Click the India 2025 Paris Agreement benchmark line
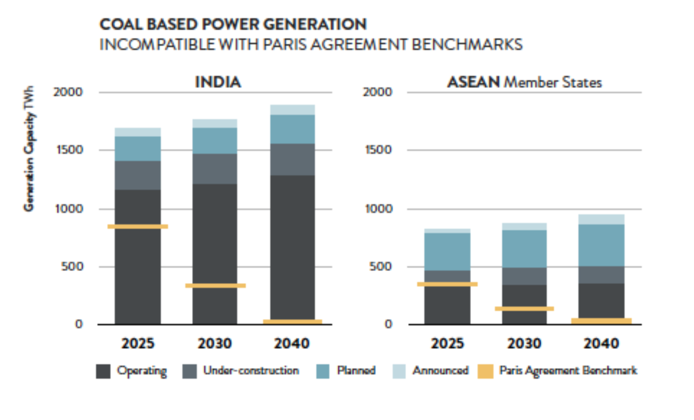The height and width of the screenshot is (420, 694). (138, 226)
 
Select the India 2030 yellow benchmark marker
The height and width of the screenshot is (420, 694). (215, 286)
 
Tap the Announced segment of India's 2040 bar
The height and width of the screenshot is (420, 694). (292, 110)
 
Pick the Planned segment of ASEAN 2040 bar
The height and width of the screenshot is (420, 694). (601, 245)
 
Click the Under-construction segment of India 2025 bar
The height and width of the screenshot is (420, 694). (138, 175)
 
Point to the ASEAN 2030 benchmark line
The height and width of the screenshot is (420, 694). (524, 309)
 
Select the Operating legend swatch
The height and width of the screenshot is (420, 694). (103, 371)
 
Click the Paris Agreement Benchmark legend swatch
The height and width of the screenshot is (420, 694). (485, 371)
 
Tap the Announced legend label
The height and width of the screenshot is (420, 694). (440, 371)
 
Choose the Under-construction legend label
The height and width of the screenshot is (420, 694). (251, 371)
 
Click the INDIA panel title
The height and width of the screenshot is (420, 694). (218, 82)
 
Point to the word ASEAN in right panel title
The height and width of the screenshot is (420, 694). (474, 82)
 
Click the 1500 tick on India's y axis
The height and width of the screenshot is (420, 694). (69, 150)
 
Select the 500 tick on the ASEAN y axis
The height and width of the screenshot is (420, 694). (380, 267)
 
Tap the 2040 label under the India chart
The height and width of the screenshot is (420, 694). (292, 343)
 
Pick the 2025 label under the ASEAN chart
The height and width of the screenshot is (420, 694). (447, 343)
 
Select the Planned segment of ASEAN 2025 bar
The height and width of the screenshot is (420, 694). (447, 252)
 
